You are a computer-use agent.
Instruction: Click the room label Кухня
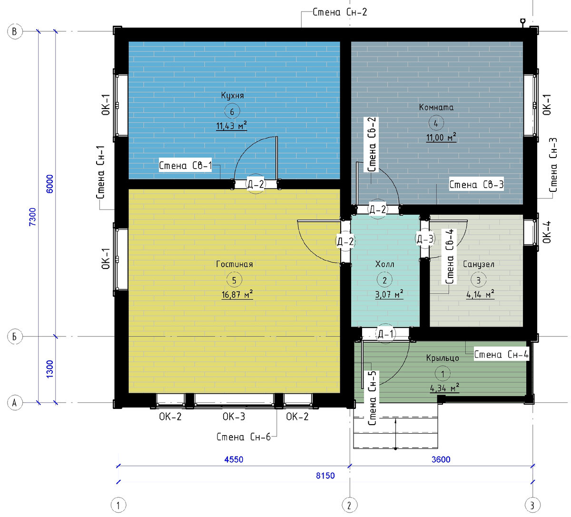(x=232, y=96)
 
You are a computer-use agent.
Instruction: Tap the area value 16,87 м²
(x=237, y=294)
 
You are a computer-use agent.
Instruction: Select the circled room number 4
(x=435, y=123)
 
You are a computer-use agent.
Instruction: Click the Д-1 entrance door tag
(x=385, y=334)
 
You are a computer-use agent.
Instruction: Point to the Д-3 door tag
(x=425, y=239)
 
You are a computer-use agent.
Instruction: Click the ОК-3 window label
(x=234, y=417)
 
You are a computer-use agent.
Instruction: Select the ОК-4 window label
(x=547, y=232)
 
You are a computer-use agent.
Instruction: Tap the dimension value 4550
(x=234, y=459)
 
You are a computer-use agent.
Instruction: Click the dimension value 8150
(x=325, y=476)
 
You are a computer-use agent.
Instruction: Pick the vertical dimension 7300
(x=33, y=217)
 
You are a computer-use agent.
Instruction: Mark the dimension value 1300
(x=49, y=369)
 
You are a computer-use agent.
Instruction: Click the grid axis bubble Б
(x=15, y=337)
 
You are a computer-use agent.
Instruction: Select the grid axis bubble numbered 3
(x=532, y=505)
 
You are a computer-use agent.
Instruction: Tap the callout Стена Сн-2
(x=340, y=12)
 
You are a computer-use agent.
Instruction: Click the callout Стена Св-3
(x=476, y=185)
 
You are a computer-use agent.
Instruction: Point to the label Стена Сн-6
(x=243, y=437)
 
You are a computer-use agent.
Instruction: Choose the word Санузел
(x=479, y=264)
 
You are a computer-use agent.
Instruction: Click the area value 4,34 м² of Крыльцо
(x=444, y=388)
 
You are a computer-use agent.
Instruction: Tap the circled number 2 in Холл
(x=384, y=280)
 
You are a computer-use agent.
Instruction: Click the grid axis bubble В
(x=15, y=31)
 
